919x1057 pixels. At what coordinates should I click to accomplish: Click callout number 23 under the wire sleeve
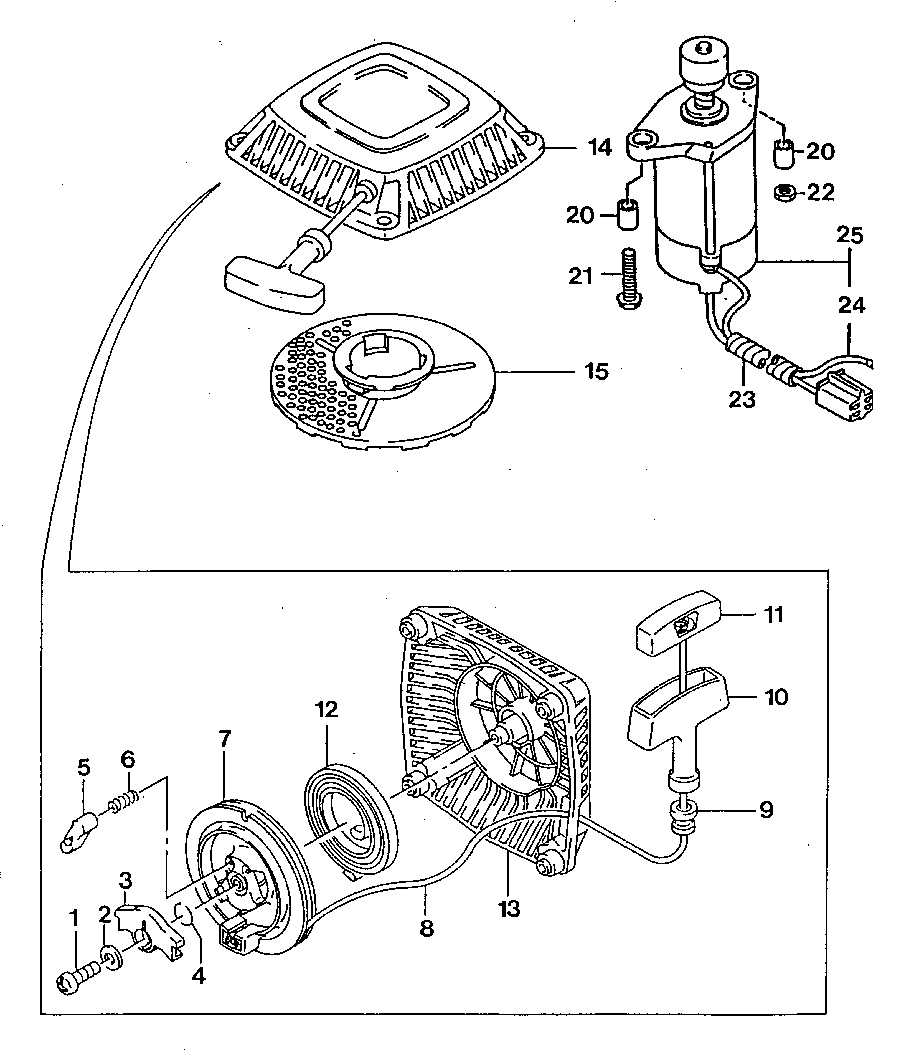coord(742,399)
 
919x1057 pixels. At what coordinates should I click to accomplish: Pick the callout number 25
coord(850,236)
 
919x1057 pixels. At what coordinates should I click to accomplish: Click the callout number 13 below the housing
coord(509,909)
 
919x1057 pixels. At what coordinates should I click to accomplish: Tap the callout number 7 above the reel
coord(225,739)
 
